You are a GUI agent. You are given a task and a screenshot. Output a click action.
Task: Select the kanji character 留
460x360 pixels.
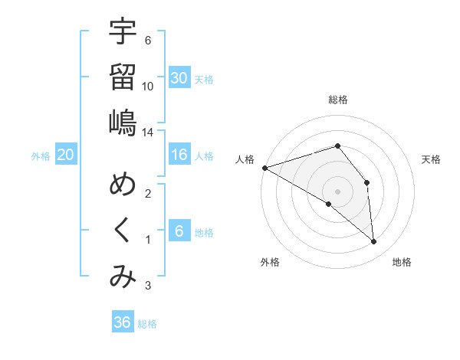pyautogui.click(x=123, y=77)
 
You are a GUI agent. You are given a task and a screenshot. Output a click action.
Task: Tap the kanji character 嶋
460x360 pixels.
pyautogui.click(x=123, y=123)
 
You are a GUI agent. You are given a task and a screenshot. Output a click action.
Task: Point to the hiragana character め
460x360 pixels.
pyautogui.click(x=123, y=185)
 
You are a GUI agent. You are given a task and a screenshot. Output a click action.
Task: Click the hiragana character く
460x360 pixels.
pyautogui.click(x=123, y=231)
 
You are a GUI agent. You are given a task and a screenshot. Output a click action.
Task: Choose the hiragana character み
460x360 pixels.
pyautogui.click(x=123, y=277)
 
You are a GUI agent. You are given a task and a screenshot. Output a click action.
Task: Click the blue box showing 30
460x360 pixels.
pyautogui.click(x=179, y=77)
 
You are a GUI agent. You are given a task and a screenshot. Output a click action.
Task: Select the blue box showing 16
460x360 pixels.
pyautogui.click(x=179, y=155)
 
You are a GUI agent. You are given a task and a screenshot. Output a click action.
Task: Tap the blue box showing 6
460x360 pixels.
pyautogui.click(x=179, y=231)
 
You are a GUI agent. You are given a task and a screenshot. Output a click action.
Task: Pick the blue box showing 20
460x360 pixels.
pyautogui.click(x=65, y=155)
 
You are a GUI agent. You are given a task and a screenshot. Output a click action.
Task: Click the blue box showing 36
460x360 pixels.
pyautogui.click(x=123, y=322)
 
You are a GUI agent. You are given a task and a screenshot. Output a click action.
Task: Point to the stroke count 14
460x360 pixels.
pyautogui.click(x=148, y=133)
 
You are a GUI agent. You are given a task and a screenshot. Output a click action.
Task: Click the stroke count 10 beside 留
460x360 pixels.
pyautogui.click(x=148, y=86)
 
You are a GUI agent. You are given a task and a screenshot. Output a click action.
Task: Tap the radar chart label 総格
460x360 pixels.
pyautogui.click(x=338, y=100)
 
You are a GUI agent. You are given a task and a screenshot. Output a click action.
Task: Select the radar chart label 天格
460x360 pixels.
pyautogui.click(x=432, y=159)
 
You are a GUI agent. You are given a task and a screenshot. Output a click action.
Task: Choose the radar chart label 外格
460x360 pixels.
pyautogui.click(x=270, y=262)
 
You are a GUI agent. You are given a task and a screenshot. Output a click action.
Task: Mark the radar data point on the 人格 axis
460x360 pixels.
pyautogui.click(x=264, y=167)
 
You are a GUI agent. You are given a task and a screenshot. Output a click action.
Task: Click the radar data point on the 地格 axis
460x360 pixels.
pyautogui.click(x=373, y=242)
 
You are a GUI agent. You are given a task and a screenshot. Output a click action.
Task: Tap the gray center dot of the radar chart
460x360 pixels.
pyautogui.click(x=337, y=190)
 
